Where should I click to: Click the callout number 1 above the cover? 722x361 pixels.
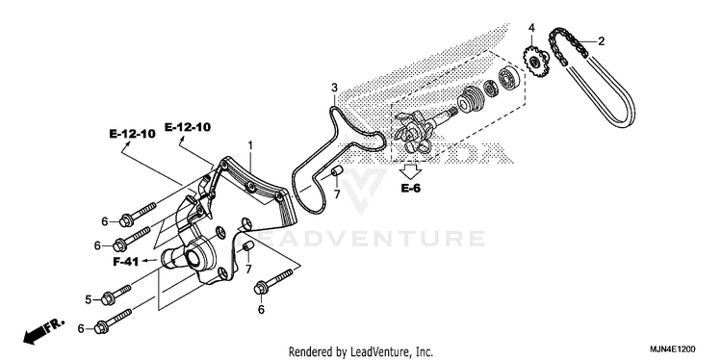coord(250,145)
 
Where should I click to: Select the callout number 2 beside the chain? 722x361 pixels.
coord(601,41)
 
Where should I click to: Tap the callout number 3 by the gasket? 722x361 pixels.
coord(335,88)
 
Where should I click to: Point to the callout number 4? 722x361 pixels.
coord(531,28)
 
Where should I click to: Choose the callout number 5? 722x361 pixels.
coord(89,299)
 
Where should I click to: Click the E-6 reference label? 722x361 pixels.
coord(410,188)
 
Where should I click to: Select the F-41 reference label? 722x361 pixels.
coord(126,262)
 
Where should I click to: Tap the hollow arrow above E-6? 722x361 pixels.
coord(410,171)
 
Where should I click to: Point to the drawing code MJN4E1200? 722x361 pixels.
coord(673,349)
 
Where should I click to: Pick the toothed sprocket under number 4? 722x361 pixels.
coord(535,63)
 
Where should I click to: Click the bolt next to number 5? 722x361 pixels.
coord(116,295)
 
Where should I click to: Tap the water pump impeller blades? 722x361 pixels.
coord(412,135)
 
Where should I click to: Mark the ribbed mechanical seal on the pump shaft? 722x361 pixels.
coord(470,98)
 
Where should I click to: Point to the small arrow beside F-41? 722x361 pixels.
coord(148,261)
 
